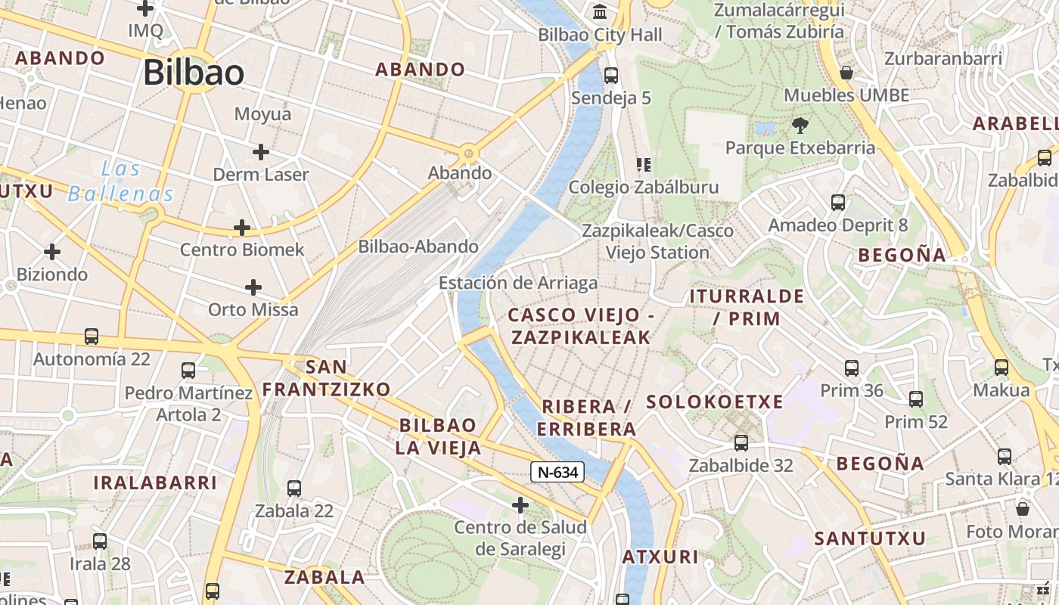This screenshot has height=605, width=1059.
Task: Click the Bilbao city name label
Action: click(x=193, y=73)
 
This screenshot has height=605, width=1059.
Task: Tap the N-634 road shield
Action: click(x=558, y=473)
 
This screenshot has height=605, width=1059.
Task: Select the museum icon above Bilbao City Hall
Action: click(x=601, y=12)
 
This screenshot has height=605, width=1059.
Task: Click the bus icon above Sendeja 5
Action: click(x=610, y=76)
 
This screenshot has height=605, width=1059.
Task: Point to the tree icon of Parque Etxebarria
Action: click(x=800, y=125)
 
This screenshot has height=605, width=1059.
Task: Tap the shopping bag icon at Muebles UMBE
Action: click(x=846, y=73)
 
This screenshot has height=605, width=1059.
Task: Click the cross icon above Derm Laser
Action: click(x=261, y=152)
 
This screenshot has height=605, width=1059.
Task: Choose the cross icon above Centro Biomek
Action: click(x=242, y=227)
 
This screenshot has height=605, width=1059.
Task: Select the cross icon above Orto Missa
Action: click(x=253, y=287)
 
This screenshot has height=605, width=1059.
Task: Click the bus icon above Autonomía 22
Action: click(x=92, y=337)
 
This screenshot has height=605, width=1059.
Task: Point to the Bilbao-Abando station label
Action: click(x=418, y=247)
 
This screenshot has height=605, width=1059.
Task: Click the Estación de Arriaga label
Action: click(x=518, y=283)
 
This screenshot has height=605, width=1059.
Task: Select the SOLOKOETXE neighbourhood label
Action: click(x=714, y=402)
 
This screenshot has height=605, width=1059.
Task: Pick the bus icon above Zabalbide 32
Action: click(x=741, y=443)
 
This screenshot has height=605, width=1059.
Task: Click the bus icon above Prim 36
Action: click(x=852, y=368)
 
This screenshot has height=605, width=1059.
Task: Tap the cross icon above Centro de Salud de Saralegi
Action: click(x=520, y=504)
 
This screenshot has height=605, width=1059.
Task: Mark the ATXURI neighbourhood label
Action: click(x=660, y=557)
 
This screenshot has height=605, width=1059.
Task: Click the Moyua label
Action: click(x=262, y=114)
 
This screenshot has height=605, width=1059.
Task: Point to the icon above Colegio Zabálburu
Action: click(x=644, y=164)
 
